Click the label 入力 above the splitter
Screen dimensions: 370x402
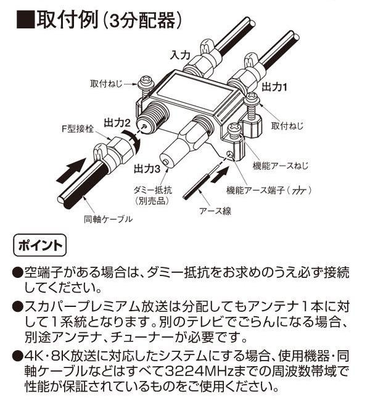coord(180,55)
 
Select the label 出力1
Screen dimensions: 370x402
coord(274,88)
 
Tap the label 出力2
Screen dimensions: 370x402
coord(117,123)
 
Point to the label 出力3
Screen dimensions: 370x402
coord(147,169)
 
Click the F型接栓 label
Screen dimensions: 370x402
coord(78,129)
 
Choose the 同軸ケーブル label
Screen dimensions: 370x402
coord(109,219)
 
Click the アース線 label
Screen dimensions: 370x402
coord(215,211)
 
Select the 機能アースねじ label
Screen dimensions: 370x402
coord(281,165)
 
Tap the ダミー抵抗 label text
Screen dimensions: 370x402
coord(153,190)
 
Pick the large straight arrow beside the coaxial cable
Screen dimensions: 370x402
coord(71,170)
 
